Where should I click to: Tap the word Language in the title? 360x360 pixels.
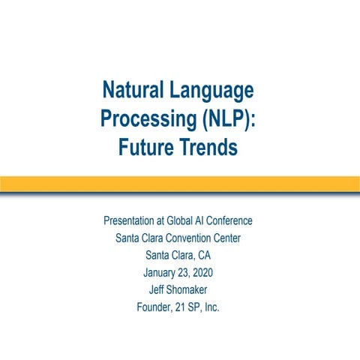214,91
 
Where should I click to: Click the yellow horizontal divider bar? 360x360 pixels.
180,184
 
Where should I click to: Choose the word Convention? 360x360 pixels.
188,238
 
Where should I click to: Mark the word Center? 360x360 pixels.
228,238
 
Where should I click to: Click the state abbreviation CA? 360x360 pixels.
203,256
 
